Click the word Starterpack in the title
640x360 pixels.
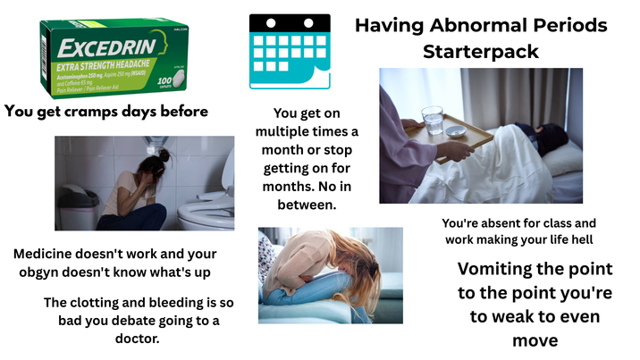coord(481,51)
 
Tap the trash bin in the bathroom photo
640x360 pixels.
coord(79,207)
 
